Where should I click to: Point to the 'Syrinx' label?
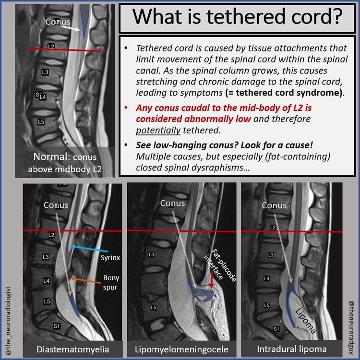[x=110, y=258]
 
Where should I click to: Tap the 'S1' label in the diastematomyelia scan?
[x=56, y=326]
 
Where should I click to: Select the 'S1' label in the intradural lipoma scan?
[x=276, y=329]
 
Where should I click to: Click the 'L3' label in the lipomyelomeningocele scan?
[x=151, y=254]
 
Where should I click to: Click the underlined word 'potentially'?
[x=156, y=130]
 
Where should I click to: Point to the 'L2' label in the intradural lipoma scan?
[x=273, y=227]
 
